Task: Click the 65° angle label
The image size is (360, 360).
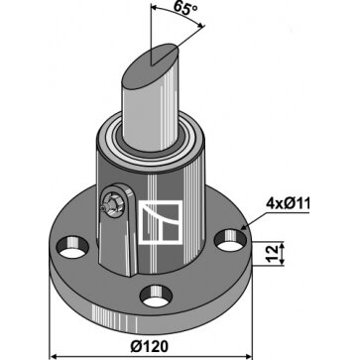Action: coord(185,8)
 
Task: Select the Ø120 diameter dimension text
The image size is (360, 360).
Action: coord(150,346)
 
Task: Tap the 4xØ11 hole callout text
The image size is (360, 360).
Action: coord(289,204)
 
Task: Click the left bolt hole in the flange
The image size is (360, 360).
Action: coord(72,247)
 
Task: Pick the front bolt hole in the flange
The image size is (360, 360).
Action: coord(156,297)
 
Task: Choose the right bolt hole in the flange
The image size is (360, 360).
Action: coord(230,240)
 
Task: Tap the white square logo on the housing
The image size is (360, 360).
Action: coord(160,222)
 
